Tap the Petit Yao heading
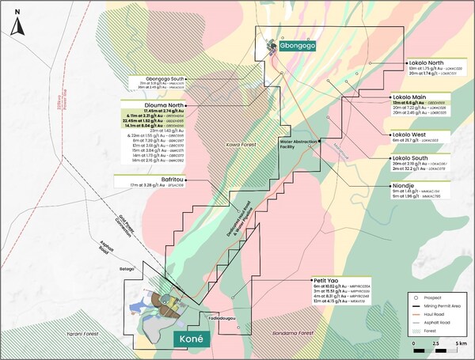[321, 280]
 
